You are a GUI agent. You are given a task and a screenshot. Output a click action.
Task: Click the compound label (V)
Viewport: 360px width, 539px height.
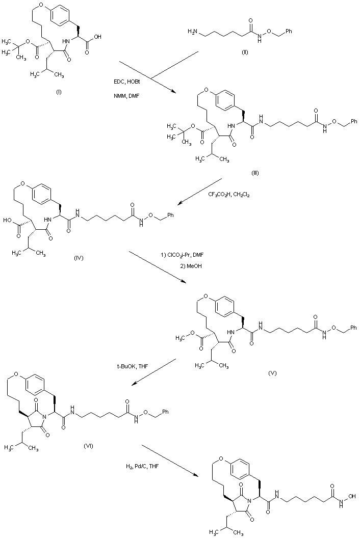[x=272, y=373]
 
